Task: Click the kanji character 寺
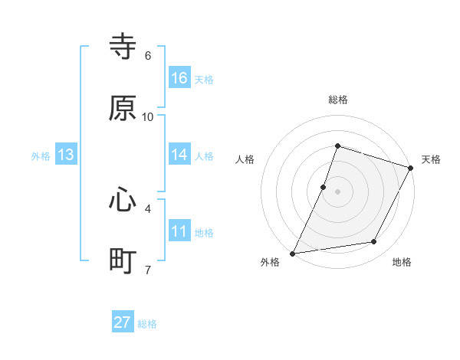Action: point(123,47)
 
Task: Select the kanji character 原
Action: point(123,109)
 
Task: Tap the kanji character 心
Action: point(123,200)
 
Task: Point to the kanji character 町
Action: point(123,261)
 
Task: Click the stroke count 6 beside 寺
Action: point(148,55)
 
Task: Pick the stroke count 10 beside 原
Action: point(148,116)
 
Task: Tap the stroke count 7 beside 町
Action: point(148,270)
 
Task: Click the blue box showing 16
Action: point(179,78)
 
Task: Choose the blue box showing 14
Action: point(179,155)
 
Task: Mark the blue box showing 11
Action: point(179,231)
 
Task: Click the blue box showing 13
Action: point(66,155)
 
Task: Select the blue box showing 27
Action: point(123,322)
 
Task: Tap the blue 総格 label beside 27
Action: point(147,324)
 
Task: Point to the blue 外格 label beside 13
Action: point(41,156)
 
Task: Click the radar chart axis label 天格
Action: point(432,159)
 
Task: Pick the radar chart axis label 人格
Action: point(245,159)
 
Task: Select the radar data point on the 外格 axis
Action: point(293,253)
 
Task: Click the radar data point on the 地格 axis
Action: point(374,242)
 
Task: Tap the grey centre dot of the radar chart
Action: point(337,191)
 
